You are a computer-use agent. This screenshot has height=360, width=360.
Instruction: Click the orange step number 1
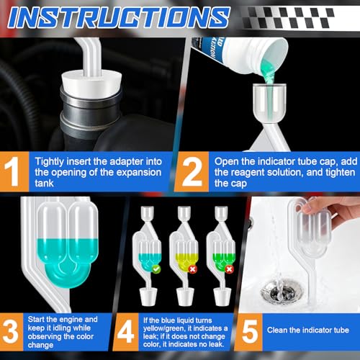pos(12,171)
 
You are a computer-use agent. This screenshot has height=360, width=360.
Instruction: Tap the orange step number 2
pos(192,171)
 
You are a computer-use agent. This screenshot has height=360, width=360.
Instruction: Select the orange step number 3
pos(10,332)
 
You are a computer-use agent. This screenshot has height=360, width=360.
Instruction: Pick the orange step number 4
pos(125,332)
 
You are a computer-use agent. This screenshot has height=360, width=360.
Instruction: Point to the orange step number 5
pos(250,332)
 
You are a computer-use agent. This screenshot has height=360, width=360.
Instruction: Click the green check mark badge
pos(156,269)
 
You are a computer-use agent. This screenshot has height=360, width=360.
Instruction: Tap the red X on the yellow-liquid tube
pos(192,269)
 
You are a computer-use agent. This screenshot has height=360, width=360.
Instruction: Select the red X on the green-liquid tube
pos(230,269)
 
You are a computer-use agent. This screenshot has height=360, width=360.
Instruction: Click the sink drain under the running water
pos(282,291)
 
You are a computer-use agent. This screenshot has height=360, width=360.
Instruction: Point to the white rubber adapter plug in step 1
pos(91,82)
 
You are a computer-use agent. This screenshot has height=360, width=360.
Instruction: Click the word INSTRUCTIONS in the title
pos(120,17)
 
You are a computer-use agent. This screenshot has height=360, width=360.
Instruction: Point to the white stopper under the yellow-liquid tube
pos(185,297)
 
